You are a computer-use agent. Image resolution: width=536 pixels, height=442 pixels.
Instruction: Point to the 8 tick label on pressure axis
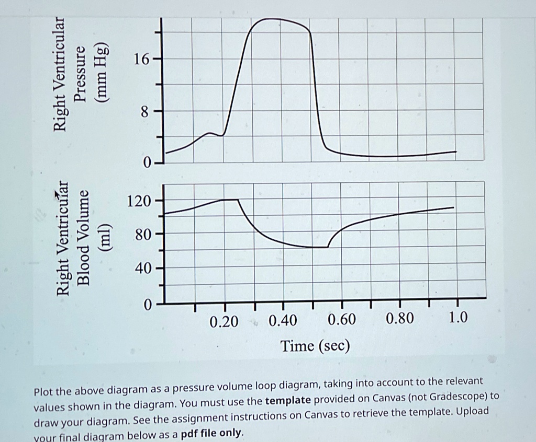144,111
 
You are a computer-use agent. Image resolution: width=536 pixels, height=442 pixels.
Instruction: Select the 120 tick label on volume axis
139,201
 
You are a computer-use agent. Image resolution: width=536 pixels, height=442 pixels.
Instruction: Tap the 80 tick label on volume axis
142,235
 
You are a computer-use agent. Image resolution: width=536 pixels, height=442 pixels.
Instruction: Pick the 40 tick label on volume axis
142,269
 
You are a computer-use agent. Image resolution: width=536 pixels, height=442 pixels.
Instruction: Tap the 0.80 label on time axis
399,319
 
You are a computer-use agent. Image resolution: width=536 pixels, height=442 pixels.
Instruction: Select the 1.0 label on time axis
457,318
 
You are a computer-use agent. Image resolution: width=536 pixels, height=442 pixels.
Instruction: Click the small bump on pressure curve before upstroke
210,133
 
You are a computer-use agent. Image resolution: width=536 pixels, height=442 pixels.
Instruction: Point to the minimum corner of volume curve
327,247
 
